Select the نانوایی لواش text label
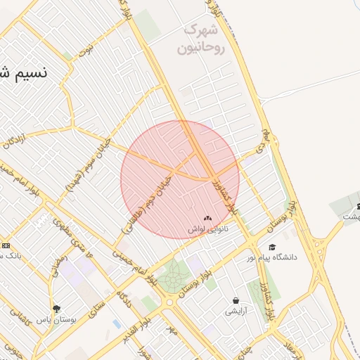(208, 229)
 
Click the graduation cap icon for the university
(272, 247)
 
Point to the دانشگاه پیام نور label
(272, 257)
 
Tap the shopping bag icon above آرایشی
(235, 300)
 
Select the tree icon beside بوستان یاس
(57, 308)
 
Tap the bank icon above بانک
(5, 245)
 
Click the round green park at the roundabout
(172, 279)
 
